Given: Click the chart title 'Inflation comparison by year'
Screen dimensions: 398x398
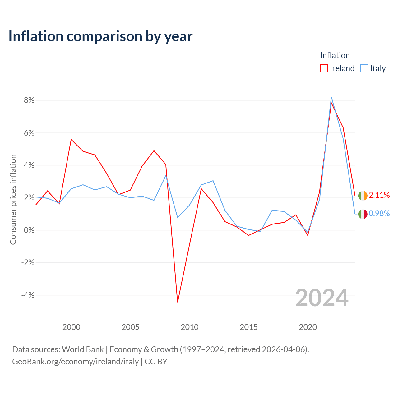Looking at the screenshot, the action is click(100, 36).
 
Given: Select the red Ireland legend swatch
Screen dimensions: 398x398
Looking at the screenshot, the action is click(324, 68).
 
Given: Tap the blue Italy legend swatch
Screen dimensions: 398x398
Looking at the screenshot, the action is click(364, 68).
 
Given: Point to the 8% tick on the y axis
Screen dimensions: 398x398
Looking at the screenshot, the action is click(29, 100).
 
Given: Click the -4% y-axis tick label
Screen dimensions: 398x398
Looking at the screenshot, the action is click(28, 295).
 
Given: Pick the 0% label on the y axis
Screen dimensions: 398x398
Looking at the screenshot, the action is click(29, 230).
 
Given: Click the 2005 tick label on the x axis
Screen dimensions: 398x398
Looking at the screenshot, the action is click(130, 327).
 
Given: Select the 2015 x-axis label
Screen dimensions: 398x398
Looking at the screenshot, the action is click(249, 327).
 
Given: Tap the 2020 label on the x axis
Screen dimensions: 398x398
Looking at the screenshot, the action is click(308, 327).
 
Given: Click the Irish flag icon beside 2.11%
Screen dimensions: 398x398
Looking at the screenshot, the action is click(363, 196).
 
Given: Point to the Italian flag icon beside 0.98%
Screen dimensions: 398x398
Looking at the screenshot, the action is click(363, 214).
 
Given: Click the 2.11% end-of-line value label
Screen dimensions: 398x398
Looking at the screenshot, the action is click(379, 195).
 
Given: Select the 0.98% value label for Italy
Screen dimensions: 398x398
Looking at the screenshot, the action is click(379, 213).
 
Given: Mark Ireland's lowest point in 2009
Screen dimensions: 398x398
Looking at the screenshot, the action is click(178, 302).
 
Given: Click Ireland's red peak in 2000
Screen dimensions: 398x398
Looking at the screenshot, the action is click(71, 139).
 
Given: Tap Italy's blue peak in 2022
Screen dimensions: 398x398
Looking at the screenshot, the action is click(331, 97).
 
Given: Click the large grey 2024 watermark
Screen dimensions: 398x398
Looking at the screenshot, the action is click(322, 298).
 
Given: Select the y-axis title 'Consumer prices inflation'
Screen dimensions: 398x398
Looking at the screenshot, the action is click(13, 200).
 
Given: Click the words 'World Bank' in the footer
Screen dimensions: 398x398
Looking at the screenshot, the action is click(83, 349).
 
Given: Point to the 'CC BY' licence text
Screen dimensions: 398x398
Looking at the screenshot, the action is click(156, 362).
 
